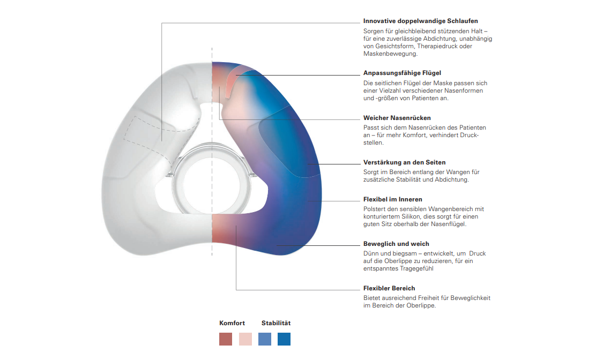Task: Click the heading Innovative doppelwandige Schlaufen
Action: pos(420,21)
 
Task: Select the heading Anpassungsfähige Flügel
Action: pos(402,73)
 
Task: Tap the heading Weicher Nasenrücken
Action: pos(397,118)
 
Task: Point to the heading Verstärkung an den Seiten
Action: pos(404,162)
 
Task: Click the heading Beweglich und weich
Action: pos(396,244)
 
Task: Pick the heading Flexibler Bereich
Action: pos(389,288)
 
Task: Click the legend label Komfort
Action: pos(232,323)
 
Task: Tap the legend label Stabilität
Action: pos(276,323)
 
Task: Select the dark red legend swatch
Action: pos(226,339)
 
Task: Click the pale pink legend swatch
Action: pos(245,339)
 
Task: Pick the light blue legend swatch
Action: pos(265,339)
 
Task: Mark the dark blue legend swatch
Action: pos(284,339)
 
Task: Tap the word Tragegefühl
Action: pos(413,268)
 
